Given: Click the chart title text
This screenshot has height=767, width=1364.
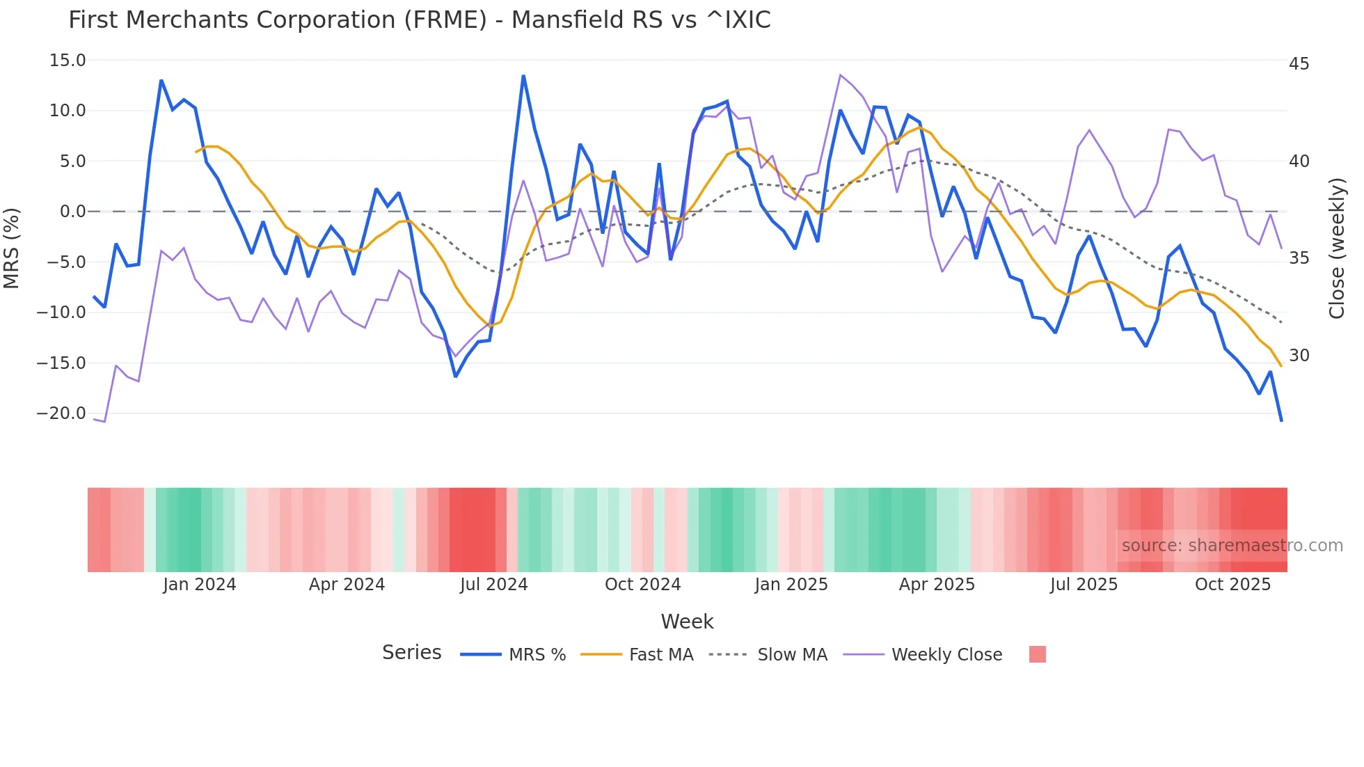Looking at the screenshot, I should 419,20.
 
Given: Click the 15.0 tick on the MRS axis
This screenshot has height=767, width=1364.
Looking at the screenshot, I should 68,61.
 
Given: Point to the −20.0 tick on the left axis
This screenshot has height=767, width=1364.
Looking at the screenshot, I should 61,413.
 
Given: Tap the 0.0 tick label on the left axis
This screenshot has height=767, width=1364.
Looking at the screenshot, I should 72,212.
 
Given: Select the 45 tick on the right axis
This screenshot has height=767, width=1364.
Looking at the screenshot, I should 1299,64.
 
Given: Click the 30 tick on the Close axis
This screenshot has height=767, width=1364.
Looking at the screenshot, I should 1299,356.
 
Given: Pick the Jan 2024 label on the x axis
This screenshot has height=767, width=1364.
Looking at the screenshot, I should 199,585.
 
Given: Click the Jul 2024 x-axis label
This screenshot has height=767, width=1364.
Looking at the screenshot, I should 493,585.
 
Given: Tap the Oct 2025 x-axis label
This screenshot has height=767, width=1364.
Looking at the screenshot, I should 1232,585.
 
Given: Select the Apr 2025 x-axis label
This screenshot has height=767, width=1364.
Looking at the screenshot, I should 937,585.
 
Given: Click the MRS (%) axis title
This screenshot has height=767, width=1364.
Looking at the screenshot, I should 12,248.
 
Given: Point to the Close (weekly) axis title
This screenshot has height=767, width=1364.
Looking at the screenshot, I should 1337,248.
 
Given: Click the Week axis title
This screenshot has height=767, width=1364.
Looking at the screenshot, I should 687,622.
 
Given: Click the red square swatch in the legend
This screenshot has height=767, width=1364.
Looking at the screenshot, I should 1037,654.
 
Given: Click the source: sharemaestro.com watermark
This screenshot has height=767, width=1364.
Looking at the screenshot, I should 1232,546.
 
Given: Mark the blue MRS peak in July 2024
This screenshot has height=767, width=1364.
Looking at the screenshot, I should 523,77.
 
